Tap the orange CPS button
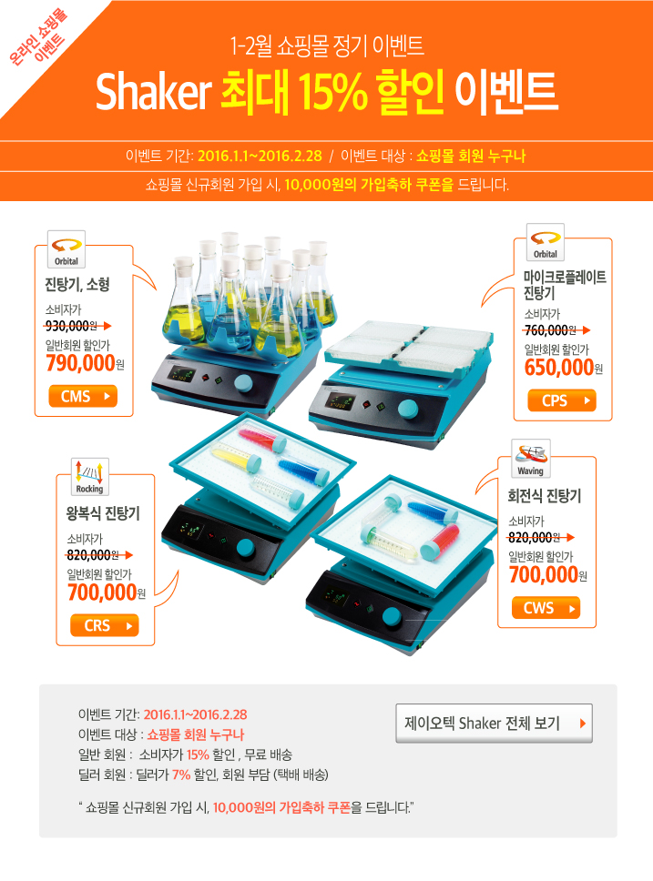coord(561,400)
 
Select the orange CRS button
coord(105,626)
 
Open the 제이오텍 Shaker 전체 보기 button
coord(494,724)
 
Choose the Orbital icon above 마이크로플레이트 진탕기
coord(545,243)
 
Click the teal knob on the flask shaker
coord(244,383)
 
